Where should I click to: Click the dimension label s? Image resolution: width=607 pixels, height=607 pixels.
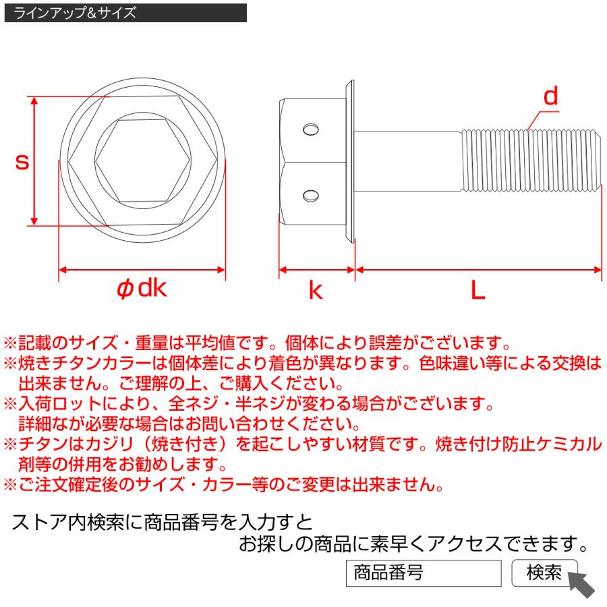[x=22, y=163]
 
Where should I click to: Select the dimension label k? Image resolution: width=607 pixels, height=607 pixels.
[x=315, y=290]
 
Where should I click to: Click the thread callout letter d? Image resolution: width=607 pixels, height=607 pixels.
[x=551, y=97]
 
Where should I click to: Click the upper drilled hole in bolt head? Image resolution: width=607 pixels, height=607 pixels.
[x=311, y=129]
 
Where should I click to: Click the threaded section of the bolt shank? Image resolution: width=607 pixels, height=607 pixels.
[x=529, y=162]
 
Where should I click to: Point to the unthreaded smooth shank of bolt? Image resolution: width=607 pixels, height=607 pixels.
[x=408, y=162]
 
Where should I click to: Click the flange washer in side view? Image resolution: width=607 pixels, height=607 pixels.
[x=349, y=162]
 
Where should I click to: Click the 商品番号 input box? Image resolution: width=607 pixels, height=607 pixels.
[x=424, y=573]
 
